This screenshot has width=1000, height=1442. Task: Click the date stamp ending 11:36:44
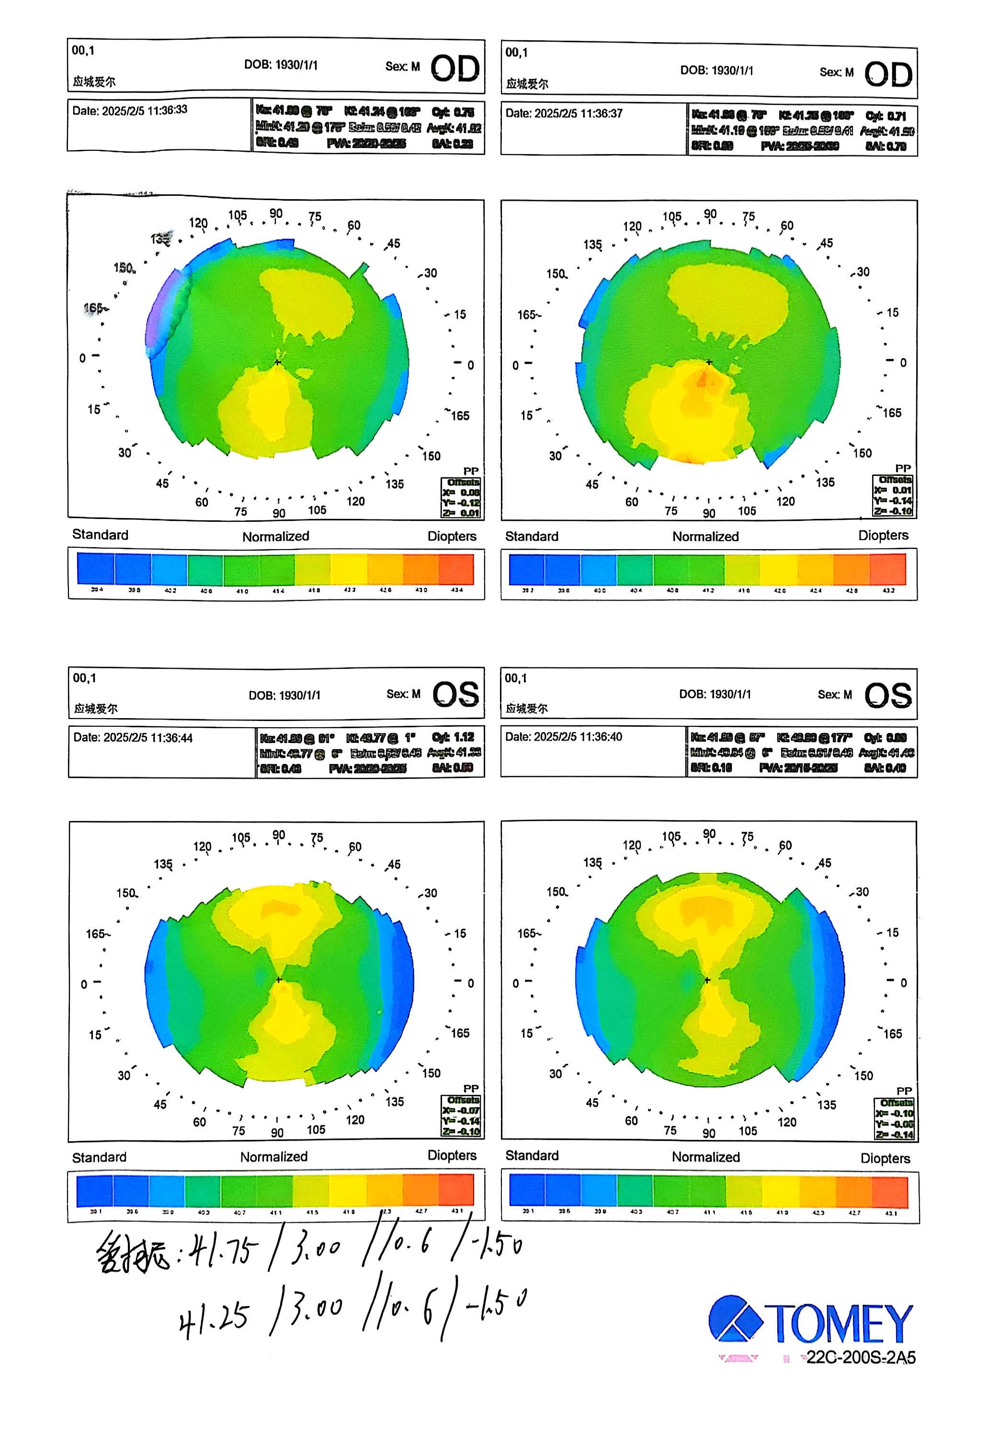point(133,737)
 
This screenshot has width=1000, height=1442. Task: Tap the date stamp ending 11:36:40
point(563,737)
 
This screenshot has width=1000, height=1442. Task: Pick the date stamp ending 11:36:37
point(564,113)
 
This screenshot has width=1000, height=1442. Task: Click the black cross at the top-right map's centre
point(709,362)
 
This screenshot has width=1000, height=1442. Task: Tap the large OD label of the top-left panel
point(455,68)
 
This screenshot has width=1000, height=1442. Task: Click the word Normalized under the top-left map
point(276,536)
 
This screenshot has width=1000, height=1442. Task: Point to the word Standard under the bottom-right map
point(532,1155)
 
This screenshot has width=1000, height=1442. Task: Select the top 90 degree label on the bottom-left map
point(279,835)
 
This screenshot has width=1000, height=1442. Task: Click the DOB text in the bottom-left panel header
point(284,695)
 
